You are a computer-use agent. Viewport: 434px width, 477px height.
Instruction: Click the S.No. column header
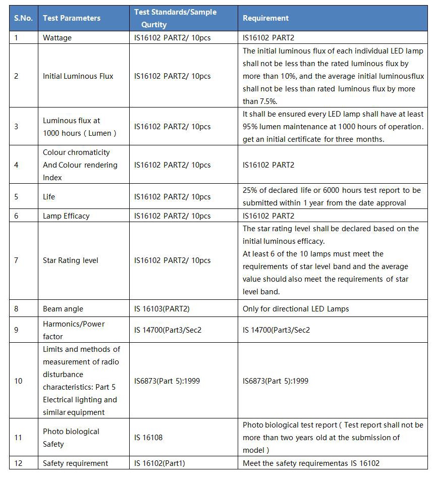pyautogui.click(x=23, y=18)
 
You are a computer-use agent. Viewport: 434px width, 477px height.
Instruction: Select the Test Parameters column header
pyautogui.click(x=72, y=18)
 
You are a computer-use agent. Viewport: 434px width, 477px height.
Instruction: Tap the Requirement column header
pyautogui.click(x=266, y=18)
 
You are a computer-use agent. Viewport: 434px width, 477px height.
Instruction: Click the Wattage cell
pyautogui.click(x=57, y=38)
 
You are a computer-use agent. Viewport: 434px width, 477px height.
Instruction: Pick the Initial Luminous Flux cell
pyautogui.click(x=78, y=76)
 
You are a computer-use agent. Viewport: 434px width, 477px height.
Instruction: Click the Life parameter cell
pyautogui.click(x=49, y=196)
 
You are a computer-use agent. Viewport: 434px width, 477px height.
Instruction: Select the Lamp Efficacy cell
pyautogui.click(x=66, y=216)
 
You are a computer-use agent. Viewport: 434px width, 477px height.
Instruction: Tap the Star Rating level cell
pyautogui.click(x=71, y=260)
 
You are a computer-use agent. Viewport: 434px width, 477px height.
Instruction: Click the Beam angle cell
pyautogui.click(x=63, y=309)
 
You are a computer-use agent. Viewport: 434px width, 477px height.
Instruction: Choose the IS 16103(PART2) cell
pyautogui.click(x=162, y=309)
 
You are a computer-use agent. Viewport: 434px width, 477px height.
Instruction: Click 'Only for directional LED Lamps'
pyautogui.click(x=296, y=309)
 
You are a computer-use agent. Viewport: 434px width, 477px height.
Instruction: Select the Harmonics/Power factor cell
pyautogui.click(x=74, y=330)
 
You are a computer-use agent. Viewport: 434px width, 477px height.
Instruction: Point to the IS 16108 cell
pyautogui.click(x=148, y=438)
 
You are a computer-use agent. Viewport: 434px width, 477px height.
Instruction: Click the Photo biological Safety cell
pyautogui.click(x=71, y=438)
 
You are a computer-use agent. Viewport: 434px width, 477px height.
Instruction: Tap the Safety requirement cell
pyautogui.click(x=76, y=463)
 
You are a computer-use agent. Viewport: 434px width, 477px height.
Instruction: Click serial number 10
pyautogui.click(x=18, y=381)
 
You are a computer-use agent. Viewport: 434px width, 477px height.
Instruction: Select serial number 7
pyautogui.click(x=16, y=260)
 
